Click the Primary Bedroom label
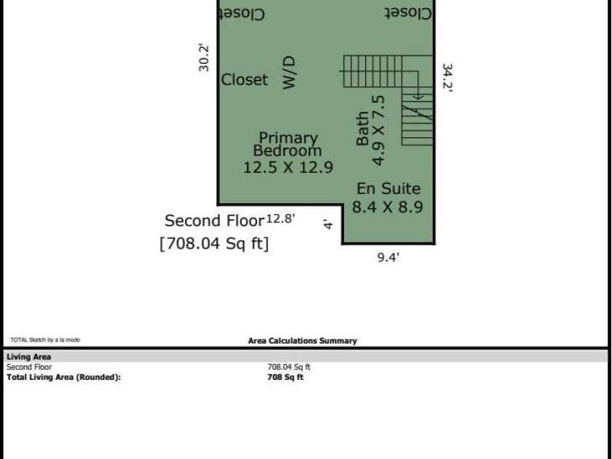click(287, 144)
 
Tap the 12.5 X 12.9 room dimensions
click(287, 167)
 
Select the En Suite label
click(388, 189)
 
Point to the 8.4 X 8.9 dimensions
click(388, 207)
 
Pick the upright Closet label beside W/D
click(244, 80)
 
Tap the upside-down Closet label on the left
click(240, 13)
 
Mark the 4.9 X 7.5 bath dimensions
click(378, 129)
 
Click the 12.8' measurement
click(281, 218)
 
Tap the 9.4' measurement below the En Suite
click(388, 256)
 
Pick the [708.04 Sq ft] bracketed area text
click(213, 244)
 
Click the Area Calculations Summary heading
click(302, 341)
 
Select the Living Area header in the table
click(29, 357)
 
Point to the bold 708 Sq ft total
click(285, 377)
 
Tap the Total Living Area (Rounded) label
click(63, 377)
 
